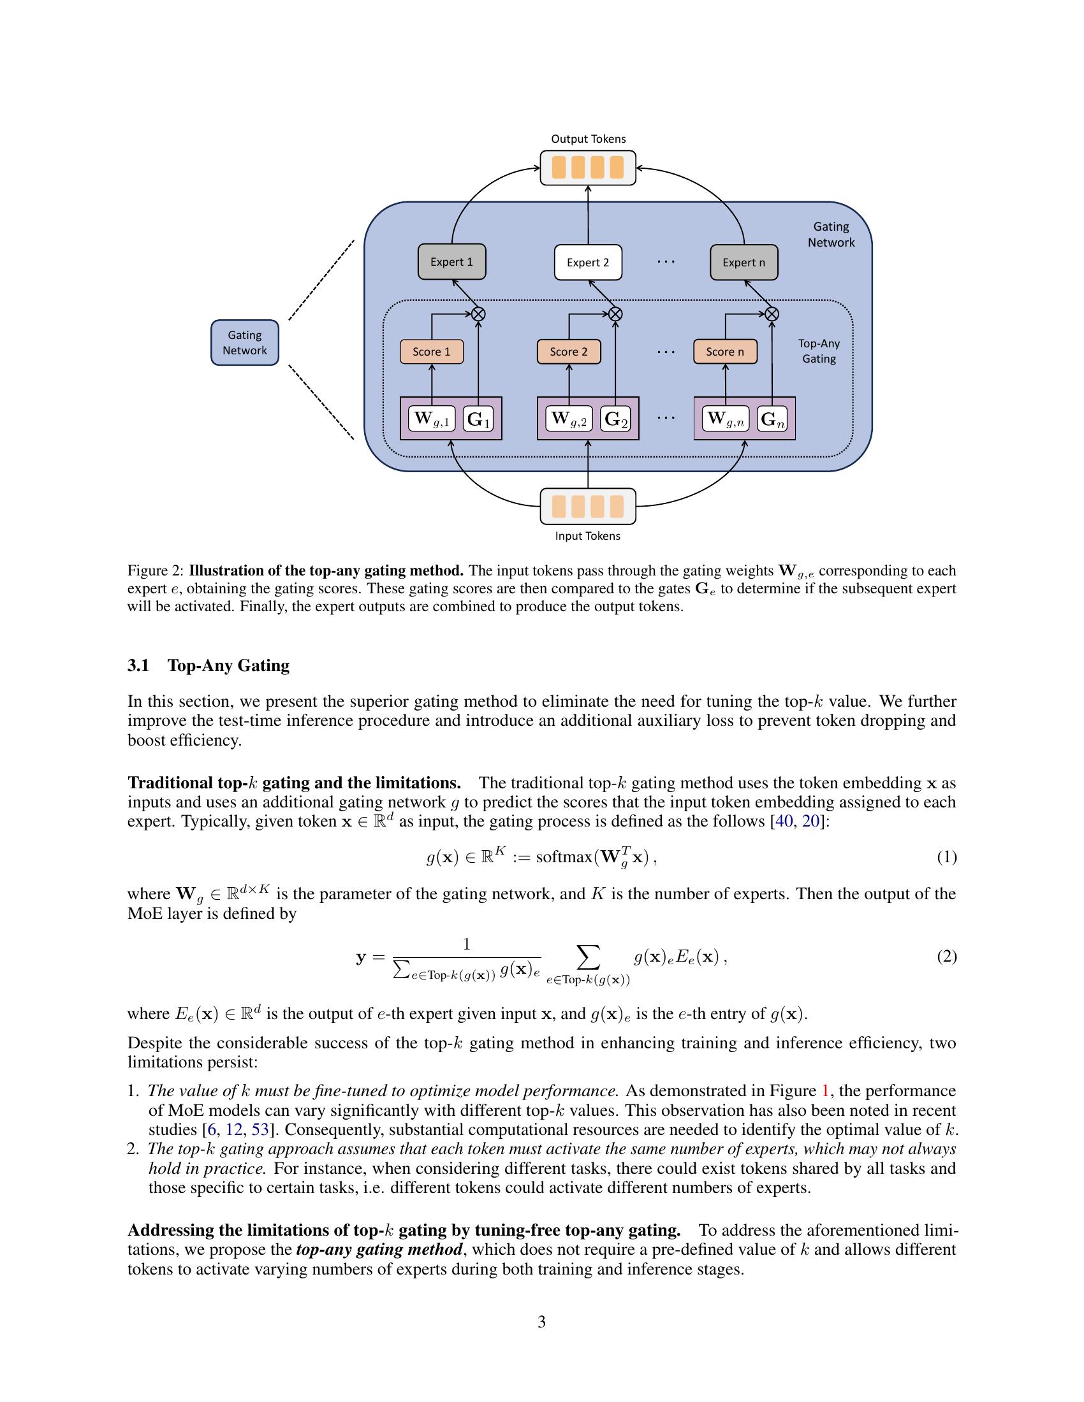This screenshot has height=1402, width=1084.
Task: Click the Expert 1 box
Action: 451,262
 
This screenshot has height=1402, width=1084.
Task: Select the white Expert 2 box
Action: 588,263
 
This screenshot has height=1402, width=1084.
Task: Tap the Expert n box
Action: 743,263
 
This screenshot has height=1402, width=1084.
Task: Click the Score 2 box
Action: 568,352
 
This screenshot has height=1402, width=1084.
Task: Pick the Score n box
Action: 725,352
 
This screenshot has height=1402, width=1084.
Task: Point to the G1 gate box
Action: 478,419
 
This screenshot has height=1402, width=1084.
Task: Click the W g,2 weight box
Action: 569,419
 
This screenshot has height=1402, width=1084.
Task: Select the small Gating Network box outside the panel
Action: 245,343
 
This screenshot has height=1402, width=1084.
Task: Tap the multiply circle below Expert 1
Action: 478,314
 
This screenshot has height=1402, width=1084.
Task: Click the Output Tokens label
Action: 589,140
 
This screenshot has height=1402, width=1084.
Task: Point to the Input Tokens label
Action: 588,536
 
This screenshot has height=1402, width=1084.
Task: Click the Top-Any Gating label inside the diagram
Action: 819,351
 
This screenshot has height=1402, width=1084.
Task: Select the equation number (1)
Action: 946,857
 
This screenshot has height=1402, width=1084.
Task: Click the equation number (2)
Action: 946,957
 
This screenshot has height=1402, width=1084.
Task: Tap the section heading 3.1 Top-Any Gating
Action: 209,665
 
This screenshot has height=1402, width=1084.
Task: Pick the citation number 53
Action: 260,1130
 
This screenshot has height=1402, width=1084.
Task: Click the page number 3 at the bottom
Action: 541,1322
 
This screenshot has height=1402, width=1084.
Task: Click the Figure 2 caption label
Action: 156,571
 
